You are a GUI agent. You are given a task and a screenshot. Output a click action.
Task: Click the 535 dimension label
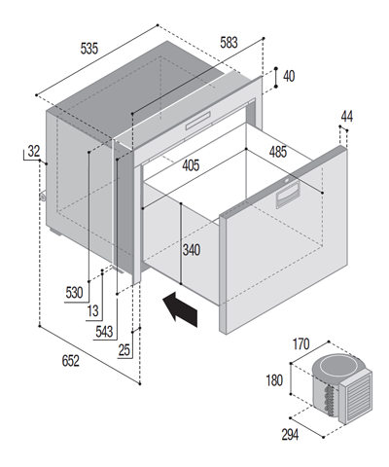[88, 49]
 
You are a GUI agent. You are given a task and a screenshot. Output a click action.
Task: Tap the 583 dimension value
[229, 43]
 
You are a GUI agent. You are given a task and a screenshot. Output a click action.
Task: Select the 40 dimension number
[289, 77]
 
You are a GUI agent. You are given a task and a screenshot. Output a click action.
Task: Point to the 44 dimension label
[347, 117]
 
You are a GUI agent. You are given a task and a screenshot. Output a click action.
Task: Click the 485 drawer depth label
[278, 152]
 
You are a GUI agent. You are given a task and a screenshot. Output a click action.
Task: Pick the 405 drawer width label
[191, 165]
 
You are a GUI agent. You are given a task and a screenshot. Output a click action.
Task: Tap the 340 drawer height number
[192, 250]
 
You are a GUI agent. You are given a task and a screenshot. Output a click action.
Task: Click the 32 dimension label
[34, 151]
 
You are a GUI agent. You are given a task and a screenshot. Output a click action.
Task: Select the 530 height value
[74, 293]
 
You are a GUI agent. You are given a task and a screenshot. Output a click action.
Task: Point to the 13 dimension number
[92, 311]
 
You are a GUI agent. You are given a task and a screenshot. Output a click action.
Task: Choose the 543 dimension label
[104, 332]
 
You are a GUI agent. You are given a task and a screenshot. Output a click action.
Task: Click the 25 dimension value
[124, 350]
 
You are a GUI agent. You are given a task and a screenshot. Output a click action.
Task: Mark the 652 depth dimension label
[70, 361]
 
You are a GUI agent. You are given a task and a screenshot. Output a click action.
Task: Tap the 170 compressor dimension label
[301, 344]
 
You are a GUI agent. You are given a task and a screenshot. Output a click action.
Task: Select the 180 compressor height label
[274, 380]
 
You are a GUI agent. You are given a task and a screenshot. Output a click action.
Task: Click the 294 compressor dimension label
[290, 435]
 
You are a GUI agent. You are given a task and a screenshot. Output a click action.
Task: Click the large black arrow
[180, 309]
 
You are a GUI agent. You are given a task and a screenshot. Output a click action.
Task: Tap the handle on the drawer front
[287, 196]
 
